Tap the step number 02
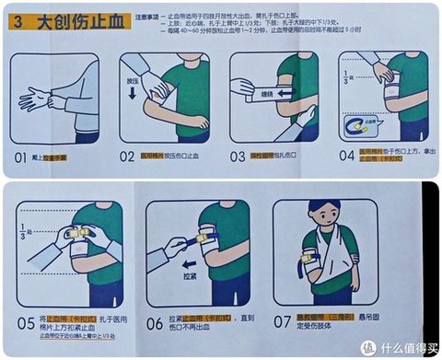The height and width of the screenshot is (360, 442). pos(128,157)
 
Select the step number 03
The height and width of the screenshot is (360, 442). pos(238,157)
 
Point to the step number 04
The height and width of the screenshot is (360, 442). pos(346,157)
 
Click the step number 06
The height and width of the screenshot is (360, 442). pos(156,324)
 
